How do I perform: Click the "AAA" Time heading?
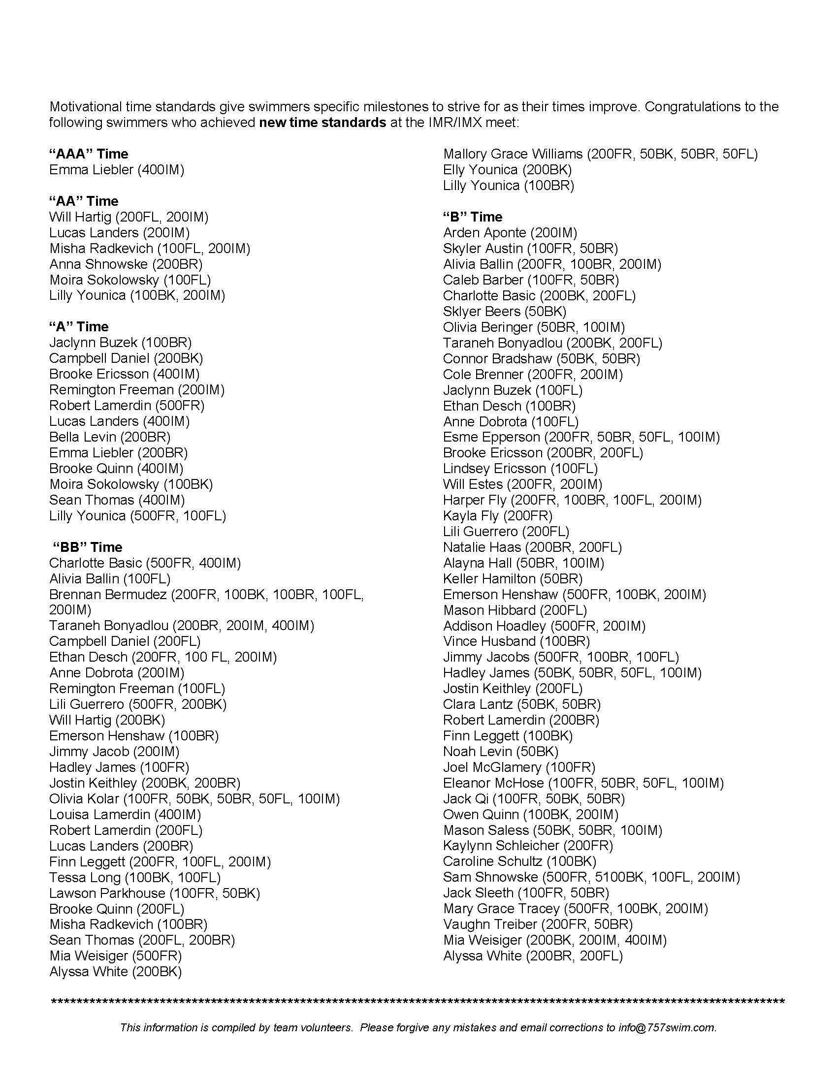89,154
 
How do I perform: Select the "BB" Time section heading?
88,547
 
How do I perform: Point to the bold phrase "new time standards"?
322,123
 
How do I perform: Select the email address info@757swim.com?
667,1027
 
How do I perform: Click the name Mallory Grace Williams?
513,154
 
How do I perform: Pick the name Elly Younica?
480,170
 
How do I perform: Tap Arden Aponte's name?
484,232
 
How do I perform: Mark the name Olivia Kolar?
84,798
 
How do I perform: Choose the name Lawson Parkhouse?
107,893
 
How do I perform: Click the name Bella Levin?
82,437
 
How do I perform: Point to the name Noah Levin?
477,751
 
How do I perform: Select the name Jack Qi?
466,798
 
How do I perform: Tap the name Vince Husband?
489,641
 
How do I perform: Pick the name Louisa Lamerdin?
99,814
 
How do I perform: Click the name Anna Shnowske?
98,264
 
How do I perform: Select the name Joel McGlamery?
492,767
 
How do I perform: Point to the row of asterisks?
418,1002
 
